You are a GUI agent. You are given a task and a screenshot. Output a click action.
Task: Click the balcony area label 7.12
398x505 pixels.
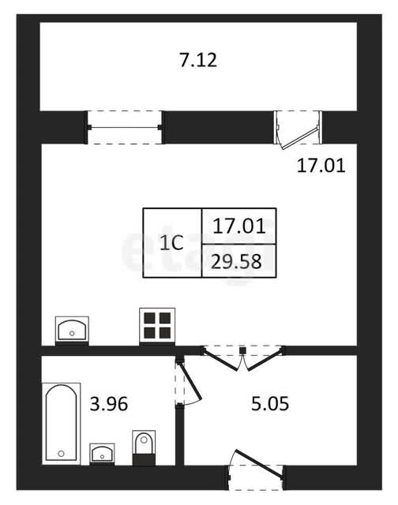click(198, 60)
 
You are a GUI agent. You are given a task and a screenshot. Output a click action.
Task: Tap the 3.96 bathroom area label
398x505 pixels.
click(109, 404)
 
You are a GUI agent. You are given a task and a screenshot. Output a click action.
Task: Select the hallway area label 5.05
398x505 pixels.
click(270, 404)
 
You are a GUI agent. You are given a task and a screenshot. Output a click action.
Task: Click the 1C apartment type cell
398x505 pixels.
click(172, 243)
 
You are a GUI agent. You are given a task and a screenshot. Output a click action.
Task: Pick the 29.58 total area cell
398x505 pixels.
click(238, 261)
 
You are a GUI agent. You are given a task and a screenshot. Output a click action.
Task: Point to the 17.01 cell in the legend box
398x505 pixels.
click(238, 226)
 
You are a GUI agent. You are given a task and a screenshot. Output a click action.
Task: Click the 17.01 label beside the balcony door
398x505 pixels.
click(321, 166)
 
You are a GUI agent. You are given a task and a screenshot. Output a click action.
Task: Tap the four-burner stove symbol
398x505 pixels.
click(157, 326)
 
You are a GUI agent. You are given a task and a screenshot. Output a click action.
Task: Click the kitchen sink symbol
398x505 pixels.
click(72, 330)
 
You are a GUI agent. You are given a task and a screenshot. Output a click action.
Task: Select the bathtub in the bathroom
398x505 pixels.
click(62, 424)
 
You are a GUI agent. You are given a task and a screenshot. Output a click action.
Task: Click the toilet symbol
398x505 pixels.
click(144, 447)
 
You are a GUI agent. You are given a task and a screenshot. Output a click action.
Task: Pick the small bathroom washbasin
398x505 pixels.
click(102, 454)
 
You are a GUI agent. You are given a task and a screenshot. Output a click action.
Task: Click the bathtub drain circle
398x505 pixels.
click(61, 454)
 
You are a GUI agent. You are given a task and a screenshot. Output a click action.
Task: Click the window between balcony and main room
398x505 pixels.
click(125, 127)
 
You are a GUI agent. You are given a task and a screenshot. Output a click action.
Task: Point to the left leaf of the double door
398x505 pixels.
click(221, 360)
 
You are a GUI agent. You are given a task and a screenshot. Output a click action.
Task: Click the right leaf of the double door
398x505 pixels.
click(265, 359)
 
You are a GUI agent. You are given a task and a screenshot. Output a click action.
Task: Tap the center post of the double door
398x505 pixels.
click(243, 350)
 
